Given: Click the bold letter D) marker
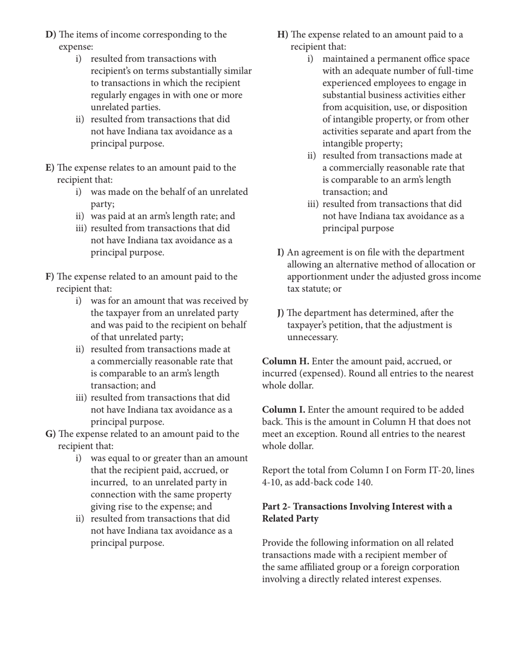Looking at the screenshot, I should tap(51, 35).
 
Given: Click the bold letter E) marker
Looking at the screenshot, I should tap(50, 168).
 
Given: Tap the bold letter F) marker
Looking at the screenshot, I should tap(50, 277).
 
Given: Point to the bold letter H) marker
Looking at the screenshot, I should tap(282, 35).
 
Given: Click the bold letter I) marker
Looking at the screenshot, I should tap(281, 252).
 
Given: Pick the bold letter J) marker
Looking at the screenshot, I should tap(281, 313).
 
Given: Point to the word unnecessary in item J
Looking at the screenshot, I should tap(312, 337).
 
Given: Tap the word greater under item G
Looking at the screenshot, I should tap(175, 458).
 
